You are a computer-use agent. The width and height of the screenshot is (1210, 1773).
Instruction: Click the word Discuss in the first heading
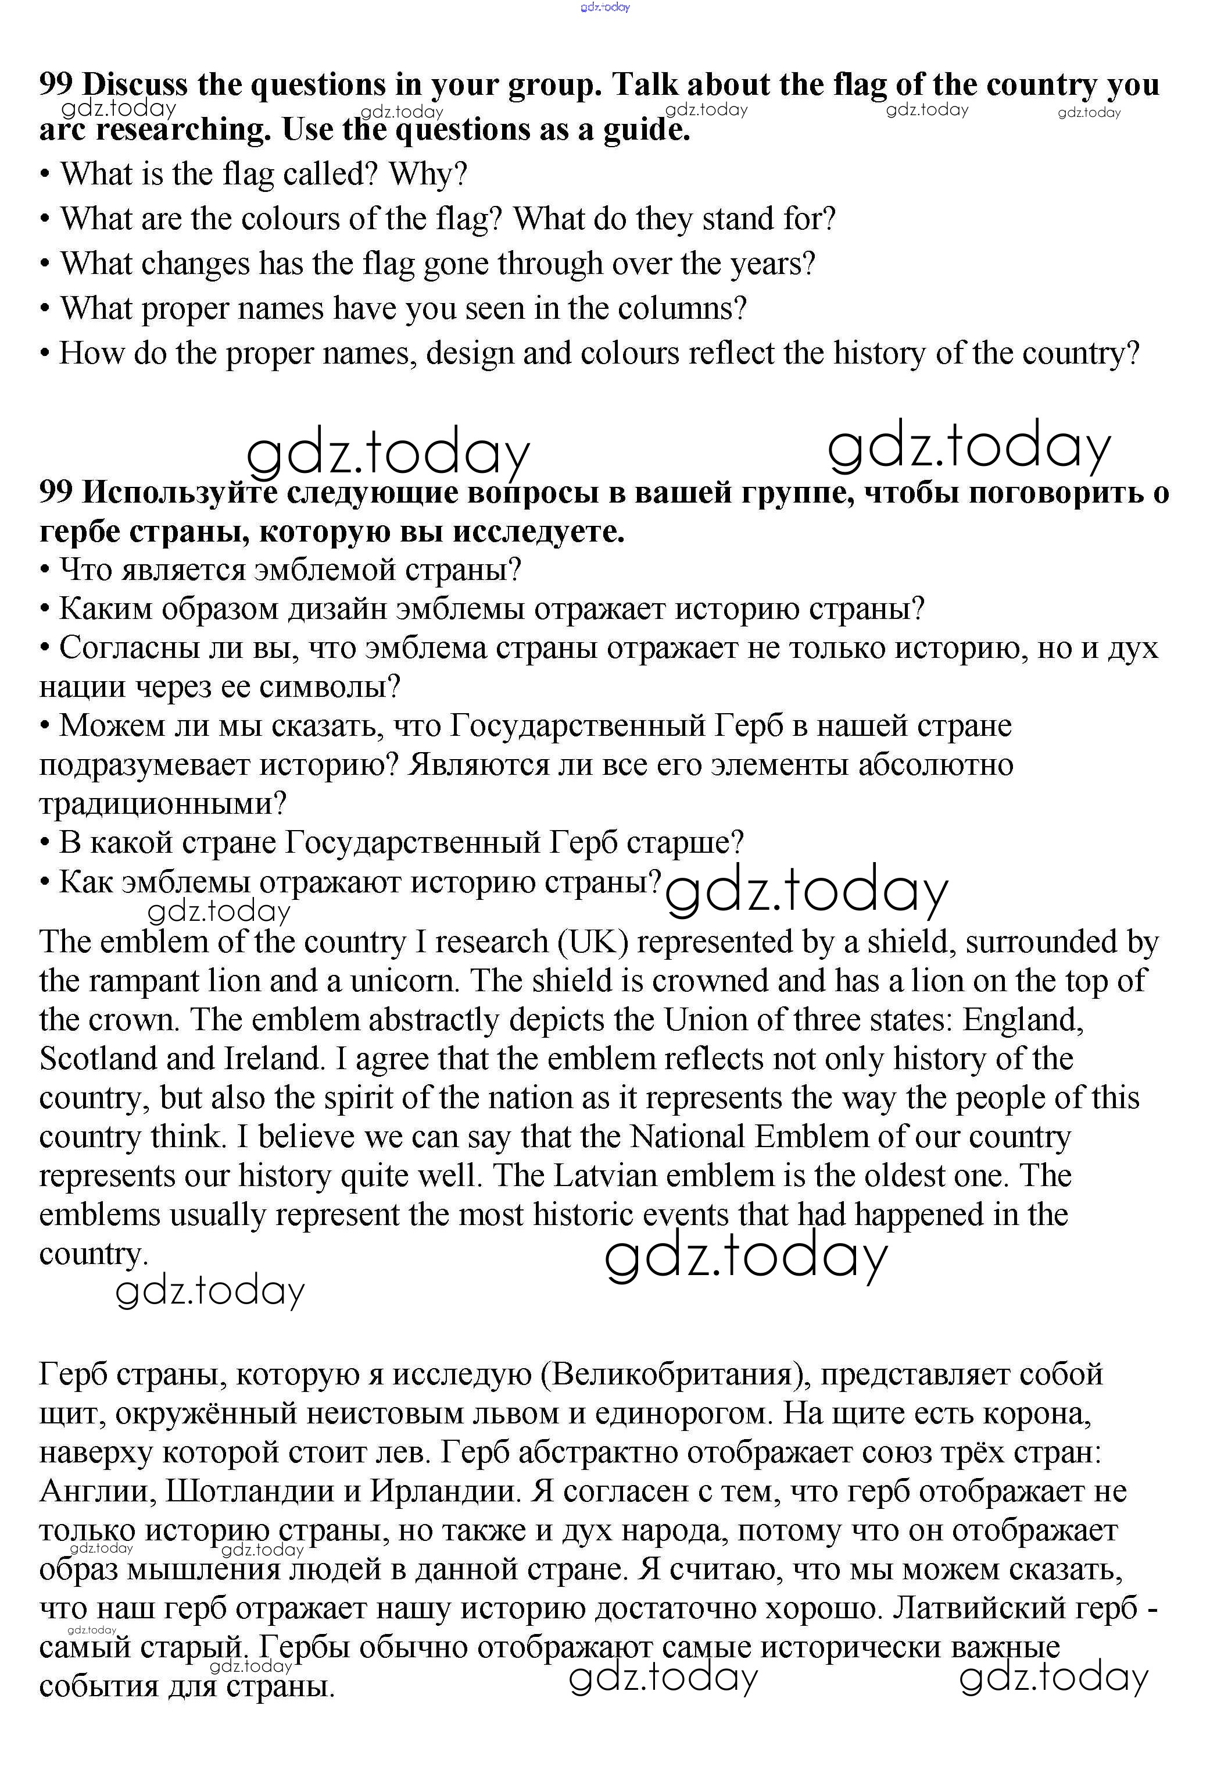tap(134, 85)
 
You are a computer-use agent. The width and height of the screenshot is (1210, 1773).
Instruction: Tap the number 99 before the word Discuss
tap(56, 85)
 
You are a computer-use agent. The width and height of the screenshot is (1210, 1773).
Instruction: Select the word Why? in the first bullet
tap(428, 175)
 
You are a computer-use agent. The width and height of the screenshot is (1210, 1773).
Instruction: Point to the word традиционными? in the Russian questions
tap(162, 803)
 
